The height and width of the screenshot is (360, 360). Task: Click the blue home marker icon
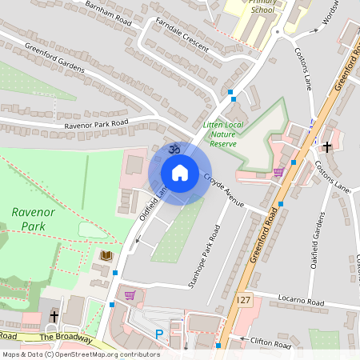[179, 173]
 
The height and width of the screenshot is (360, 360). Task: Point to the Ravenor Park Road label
[96, 125]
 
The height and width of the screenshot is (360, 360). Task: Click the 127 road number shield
[244, 298]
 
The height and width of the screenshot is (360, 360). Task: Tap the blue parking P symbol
[158, 334]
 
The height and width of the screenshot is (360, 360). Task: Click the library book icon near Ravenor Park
[106, 256]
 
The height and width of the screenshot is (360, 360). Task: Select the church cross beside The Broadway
[54, 316]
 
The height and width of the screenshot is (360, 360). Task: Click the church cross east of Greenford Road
[326, 147]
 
